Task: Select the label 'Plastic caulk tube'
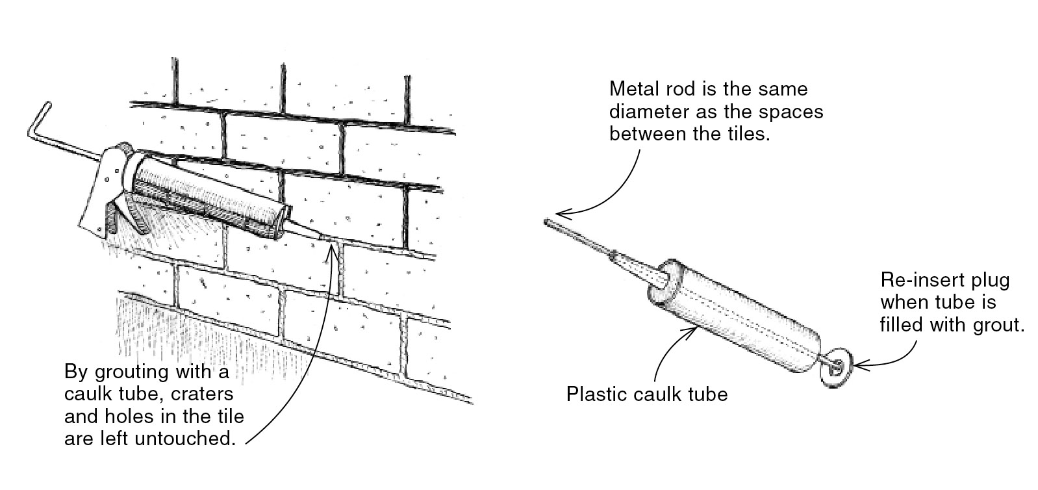(x=647, y=394)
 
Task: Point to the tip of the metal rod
(x=547, y=222)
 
